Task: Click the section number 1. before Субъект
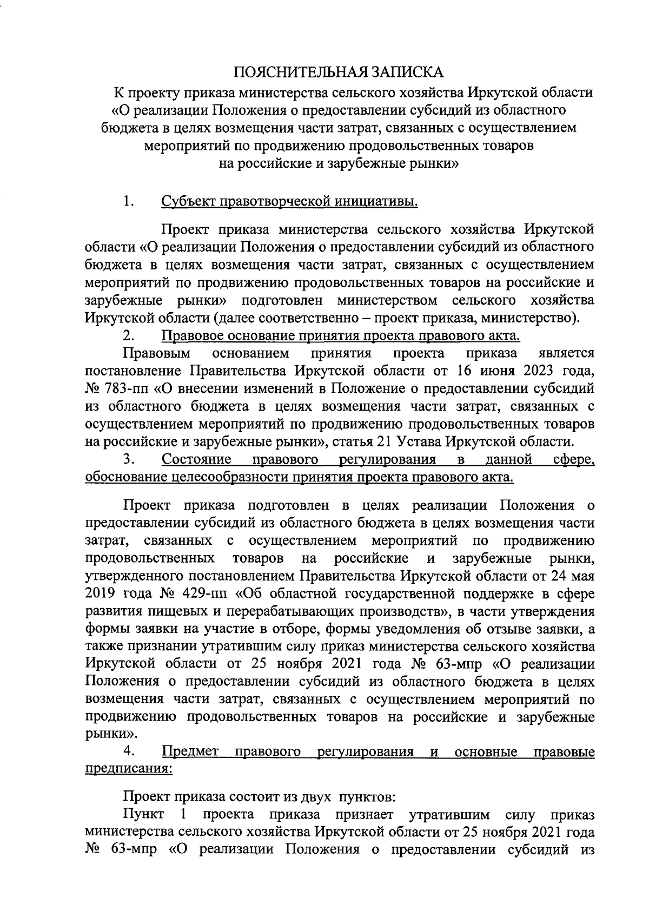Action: (129, 202)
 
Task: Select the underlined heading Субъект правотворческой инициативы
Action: (290, 202)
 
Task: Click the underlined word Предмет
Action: (190, 752)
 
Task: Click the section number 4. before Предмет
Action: (129, 752)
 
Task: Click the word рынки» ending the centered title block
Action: (436, 164)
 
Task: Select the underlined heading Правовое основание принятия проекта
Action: (341, 336)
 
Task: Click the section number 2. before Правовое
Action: (129, 336)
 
